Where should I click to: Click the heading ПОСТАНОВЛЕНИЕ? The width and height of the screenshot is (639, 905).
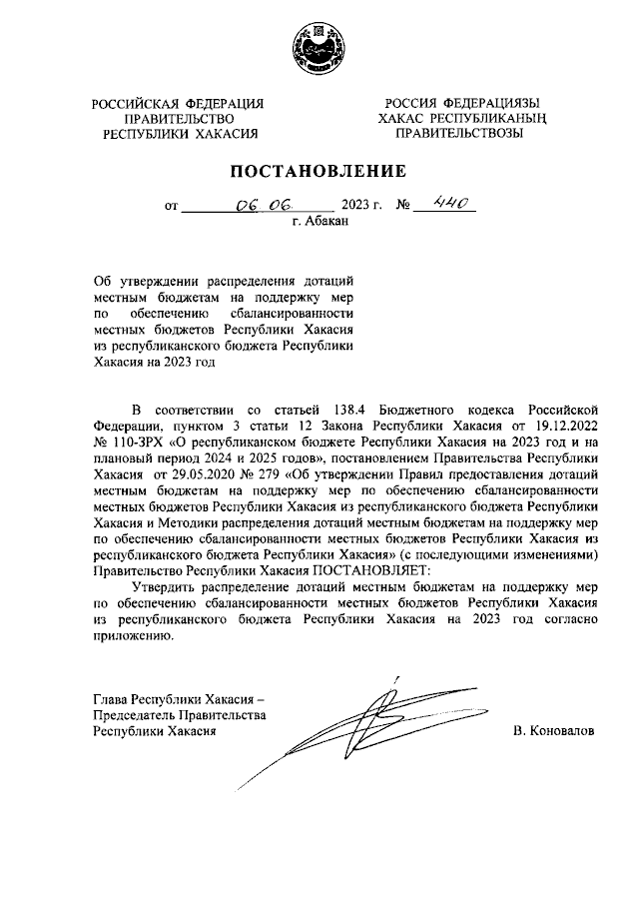(319, 170)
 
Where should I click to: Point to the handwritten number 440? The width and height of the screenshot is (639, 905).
(441, 206)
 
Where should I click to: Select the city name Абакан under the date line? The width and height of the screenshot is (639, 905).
(328, 223)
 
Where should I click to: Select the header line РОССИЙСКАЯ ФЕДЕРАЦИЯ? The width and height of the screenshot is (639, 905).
(178, 104)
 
